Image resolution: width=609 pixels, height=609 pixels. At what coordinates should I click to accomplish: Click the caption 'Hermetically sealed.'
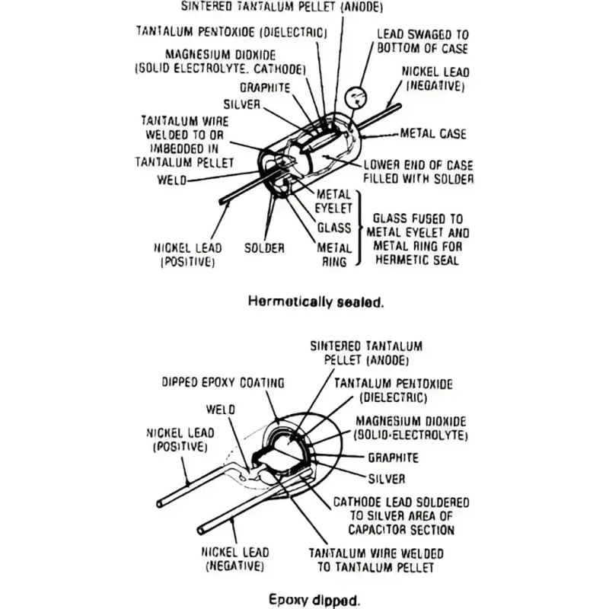pos(316,301)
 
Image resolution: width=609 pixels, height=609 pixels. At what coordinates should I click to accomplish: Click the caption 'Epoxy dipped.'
pos(314,599)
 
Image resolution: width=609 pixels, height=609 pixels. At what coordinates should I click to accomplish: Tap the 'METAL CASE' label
pos(433,134)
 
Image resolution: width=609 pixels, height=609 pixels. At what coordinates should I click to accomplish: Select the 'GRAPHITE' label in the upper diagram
pos(265,88)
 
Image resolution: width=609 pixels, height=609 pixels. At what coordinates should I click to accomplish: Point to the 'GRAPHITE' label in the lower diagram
pos(393,458)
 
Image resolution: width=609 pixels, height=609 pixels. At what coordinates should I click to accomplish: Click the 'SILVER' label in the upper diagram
pos(241,104)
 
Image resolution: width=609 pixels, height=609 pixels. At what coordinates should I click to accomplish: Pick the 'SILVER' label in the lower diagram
pos(387,479)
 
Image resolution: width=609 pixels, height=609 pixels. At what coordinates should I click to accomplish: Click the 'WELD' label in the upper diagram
pos(172,180)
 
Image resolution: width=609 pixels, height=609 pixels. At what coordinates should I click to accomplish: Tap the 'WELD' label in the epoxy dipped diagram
pos(221,410)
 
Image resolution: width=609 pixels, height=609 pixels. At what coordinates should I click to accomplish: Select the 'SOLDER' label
pos(264,248)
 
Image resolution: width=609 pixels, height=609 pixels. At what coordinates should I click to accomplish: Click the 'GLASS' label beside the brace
pos(334,228)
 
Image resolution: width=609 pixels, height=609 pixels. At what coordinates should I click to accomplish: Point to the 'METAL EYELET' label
pos(333,201)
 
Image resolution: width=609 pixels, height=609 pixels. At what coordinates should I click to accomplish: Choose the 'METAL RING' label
pos(334,255)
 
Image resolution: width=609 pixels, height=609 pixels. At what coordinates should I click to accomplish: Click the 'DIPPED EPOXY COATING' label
pos(223,383)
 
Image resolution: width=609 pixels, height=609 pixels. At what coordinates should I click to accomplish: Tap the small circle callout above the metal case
pos(356,97)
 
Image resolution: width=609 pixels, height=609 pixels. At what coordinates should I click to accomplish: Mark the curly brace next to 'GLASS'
pos(360,228)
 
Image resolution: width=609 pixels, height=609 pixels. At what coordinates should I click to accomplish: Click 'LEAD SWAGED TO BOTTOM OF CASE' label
pos(422,41)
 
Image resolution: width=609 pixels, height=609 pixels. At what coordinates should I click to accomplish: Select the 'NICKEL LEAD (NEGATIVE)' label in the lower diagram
pos(235,559)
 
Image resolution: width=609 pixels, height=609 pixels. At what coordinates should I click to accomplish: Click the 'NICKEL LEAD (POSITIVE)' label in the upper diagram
pos(188,255)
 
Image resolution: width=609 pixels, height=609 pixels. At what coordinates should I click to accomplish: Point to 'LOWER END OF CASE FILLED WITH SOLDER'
pos(418,172)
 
